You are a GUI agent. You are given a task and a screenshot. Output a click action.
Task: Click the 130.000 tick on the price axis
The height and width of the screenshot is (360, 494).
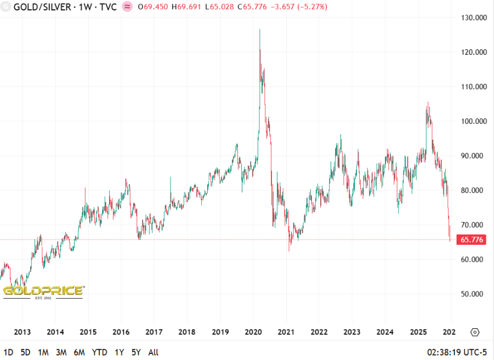point(474,18)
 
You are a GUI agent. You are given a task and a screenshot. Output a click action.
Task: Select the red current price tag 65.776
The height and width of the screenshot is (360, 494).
point(472,239)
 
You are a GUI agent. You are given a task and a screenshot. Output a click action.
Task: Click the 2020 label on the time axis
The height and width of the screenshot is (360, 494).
point(253,332)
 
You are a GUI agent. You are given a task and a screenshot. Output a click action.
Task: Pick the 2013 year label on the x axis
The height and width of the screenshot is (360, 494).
point(22,332)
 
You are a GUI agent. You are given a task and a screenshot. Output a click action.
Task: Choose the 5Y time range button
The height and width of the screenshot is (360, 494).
point(137,352)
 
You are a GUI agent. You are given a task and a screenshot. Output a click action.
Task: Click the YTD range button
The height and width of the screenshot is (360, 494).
point(99,352)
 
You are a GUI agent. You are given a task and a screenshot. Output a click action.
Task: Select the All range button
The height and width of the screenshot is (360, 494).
point(154,352)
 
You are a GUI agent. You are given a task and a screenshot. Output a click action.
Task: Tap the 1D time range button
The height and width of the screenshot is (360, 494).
point(9,352)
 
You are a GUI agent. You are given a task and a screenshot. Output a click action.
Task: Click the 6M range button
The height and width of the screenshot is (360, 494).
point(79,352)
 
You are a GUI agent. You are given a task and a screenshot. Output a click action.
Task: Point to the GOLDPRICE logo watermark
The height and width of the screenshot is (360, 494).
point(43,291)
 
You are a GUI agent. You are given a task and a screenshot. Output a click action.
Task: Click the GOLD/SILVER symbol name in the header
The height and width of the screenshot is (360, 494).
point(43,7)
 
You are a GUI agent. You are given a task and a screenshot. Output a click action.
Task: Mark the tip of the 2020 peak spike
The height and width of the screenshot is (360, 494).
point(259,30)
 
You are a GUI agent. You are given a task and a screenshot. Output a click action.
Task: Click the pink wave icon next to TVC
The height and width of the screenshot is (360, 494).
point(127,7)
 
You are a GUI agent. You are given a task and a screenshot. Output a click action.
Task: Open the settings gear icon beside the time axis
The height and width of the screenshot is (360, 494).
point(475,332)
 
